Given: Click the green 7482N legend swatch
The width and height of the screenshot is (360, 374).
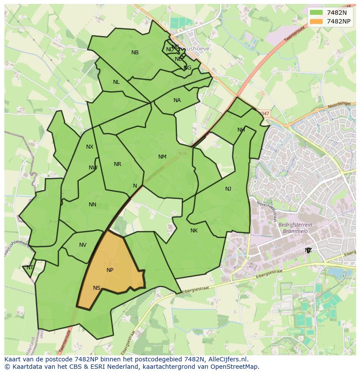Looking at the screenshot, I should [317, 13].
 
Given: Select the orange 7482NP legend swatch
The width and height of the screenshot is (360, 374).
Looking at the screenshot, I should [317, 21].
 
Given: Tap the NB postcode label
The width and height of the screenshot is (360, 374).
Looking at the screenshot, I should [135, 53].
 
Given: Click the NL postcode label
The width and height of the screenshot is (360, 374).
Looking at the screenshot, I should [116, 82].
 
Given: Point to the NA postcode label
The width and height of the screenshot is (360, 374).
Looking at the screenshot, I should [177, 100].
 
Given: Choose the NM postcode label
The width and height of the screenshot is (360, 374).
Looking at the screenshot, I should [162, 157].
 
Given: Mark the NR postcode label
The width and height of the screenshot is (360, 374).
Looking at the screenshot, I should [117, 164].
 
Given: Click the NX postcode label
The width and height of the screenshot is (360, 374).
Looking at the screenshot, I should [90, 147].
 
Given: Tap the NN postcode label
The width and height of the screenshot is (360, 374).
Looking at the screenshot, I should [92, 205].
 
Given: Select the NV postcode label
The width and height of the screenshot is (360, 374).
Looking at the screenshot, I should [83, 245].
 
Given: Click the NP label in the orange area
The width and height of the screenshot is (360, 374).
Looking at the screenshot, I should [110, 270].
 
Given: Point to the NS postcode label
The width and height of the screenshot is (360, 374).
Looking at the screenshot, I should [97, 288].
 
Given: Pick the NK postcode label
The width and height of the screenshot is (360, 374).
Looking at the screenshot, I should [194, 231].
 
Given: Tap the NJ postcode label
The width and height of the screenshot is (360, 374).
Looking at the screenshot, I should [228, 189].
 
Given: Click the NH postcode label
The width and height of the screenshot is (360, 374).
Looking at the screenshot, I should [241, 130].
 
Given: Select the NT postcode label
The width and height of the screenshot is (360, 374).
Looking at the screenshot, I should [30, 268].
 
